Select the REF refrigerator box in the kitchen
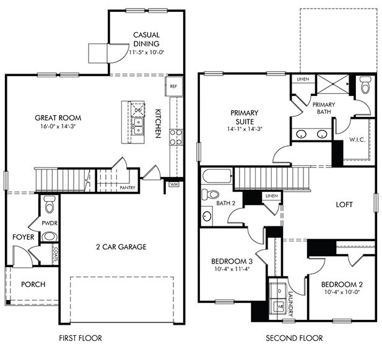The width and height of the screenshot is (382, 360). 173,87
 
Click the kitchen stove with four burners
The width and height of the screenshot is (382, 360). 176,137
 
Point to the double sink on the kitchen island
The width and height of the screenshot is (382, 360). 139,127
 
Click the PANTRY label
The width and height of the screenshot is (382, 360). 128,187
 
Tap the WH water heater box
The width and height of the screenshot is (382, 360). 174,184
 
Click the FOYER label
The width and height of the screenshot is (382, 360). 24,236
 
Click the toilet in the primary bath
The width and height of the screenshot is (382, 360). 364,86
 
